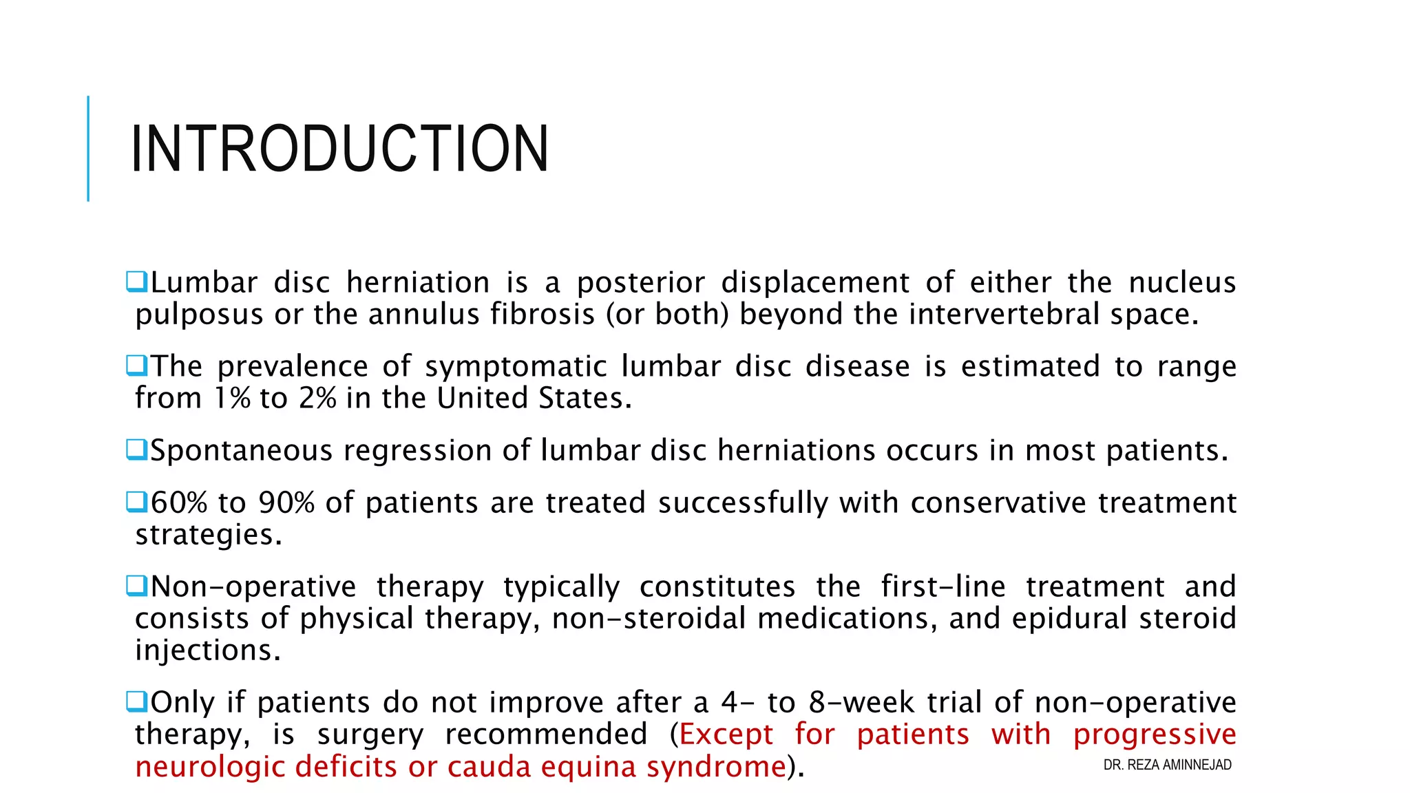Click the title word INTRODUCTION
pyautogui.click(x=339, y=149)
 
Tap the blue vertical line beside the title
pyautogui.click(x=88, y=149)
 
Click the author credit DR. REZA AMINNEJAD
pyautogui.click(x=1167, y=765)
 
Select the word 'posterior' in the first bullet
pyautogui.click(x=641, y=283)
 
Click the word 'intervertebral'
pyautogui.click(x=1004, y=315)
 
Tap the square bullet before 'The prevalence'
pyautogui.click(x=136, y=365)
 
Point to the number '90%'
pyautogui.click(x=286, y=503)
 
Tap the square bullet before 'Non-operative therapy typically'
pyautogui.click(x=136, y=586)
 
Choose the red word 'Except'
pyautogui.click(x=726, y=735)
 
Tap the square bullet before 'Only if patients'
pyautogui.click(x=136, y=701)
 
